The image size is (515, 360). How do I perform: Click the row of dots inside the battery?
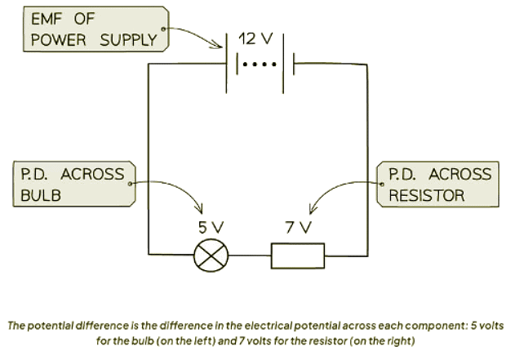[260, 64]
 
